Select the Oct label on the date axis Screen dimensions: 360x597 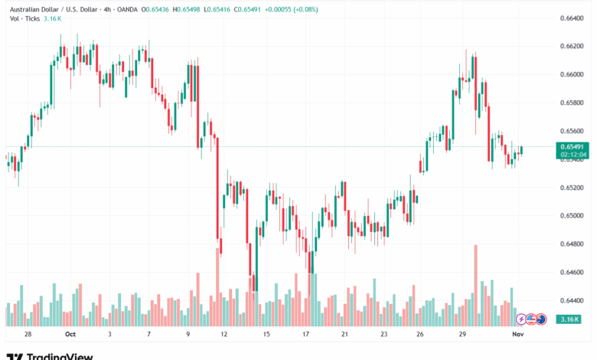(70, 335)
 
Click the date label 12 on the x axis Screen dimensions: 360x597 (223, 335)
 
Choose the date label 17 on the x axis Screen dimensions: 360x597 (305, 335)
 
